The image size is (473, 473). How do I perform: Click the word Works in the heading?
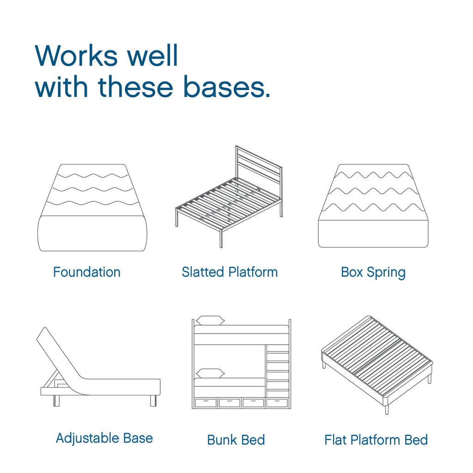76,55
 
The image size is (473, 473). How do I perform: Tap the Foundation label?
87,272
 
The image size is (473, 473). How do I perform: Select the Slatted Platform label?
230,272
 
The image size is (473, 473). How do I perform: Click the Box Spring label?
373,273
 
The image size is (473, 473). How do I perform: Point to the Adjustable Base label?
104,439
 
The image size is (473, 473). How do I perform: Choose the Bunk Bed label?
236,440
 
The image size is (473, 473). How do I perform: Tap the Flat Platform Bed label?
376,440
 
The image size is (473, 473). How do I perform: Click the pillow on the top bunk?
210,321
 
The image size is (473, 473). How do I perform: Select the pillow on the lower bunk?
210,373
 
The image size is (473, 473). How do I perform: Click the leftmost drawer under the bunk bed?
206,403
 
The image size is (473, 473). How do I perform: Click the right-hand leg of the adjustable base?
153,400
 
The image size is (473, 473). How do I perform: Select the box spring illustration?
373,206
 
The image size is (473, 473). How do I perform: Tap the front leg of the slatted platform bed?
221,238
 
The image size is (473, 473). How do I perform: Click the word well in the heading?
152,55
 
